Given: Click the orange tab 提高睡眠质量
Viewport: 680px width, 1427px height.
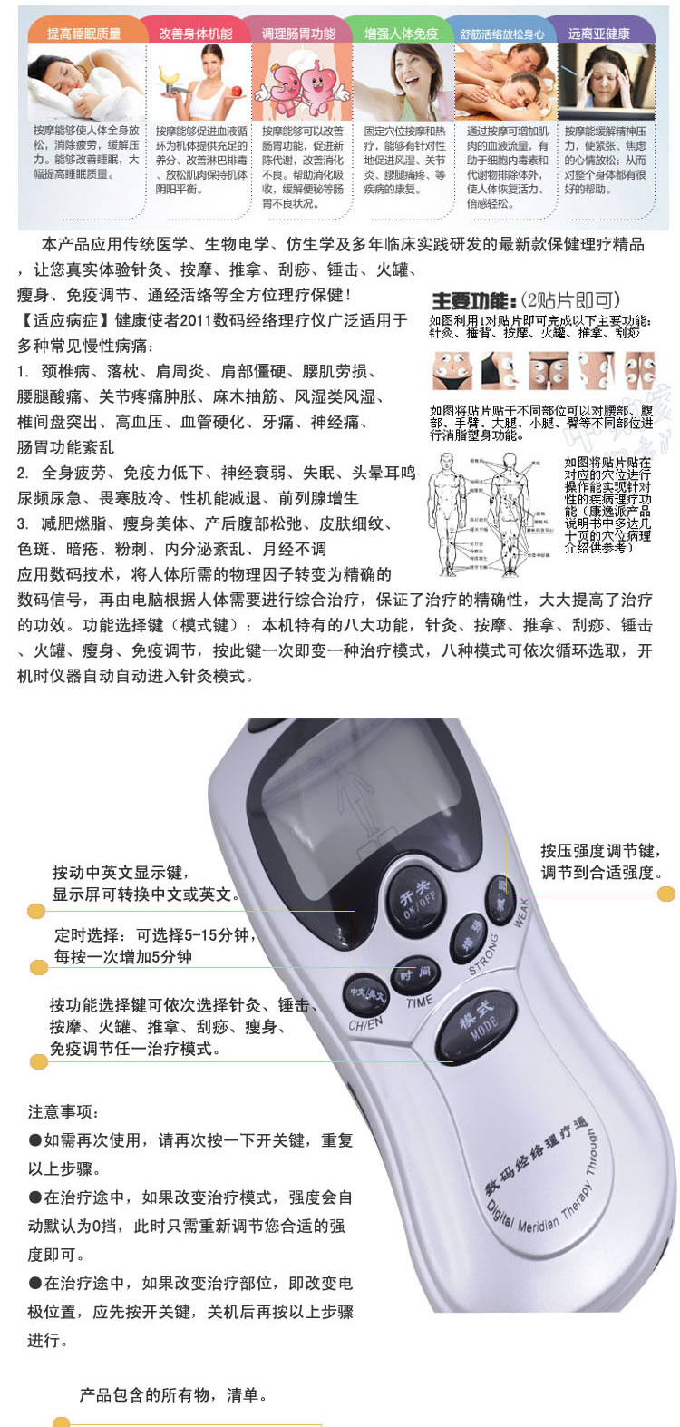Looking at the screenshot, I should (83, 34).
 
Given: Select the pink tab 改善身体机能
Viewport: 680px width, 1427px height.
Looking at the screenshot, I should (195, 34).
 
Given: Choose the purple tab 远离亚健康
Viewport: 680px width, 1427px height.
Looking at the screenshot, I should (598, 34).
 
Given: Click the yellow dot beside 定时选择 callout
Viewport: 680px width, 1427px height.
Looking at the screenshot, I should (38, 968).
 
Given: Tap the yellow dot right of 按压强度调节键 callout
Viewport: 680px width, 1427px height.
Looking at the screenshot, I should (666, 894).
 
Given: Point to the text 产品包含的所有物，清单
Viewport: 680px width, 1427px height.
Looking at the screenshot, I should (172, 1394).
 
